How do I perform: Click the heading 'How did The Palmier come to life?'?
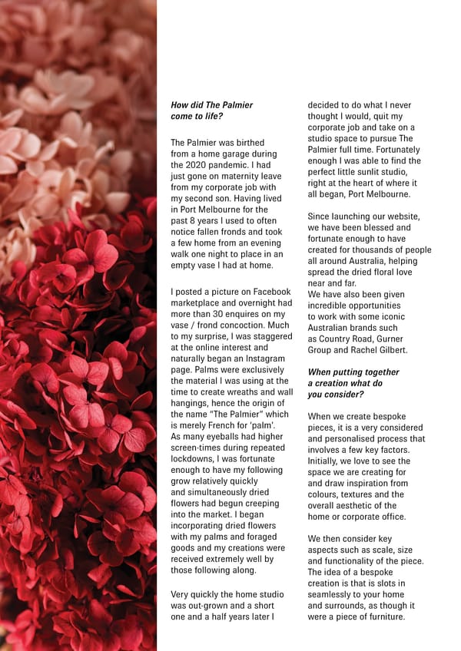[x=211, y=110]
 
